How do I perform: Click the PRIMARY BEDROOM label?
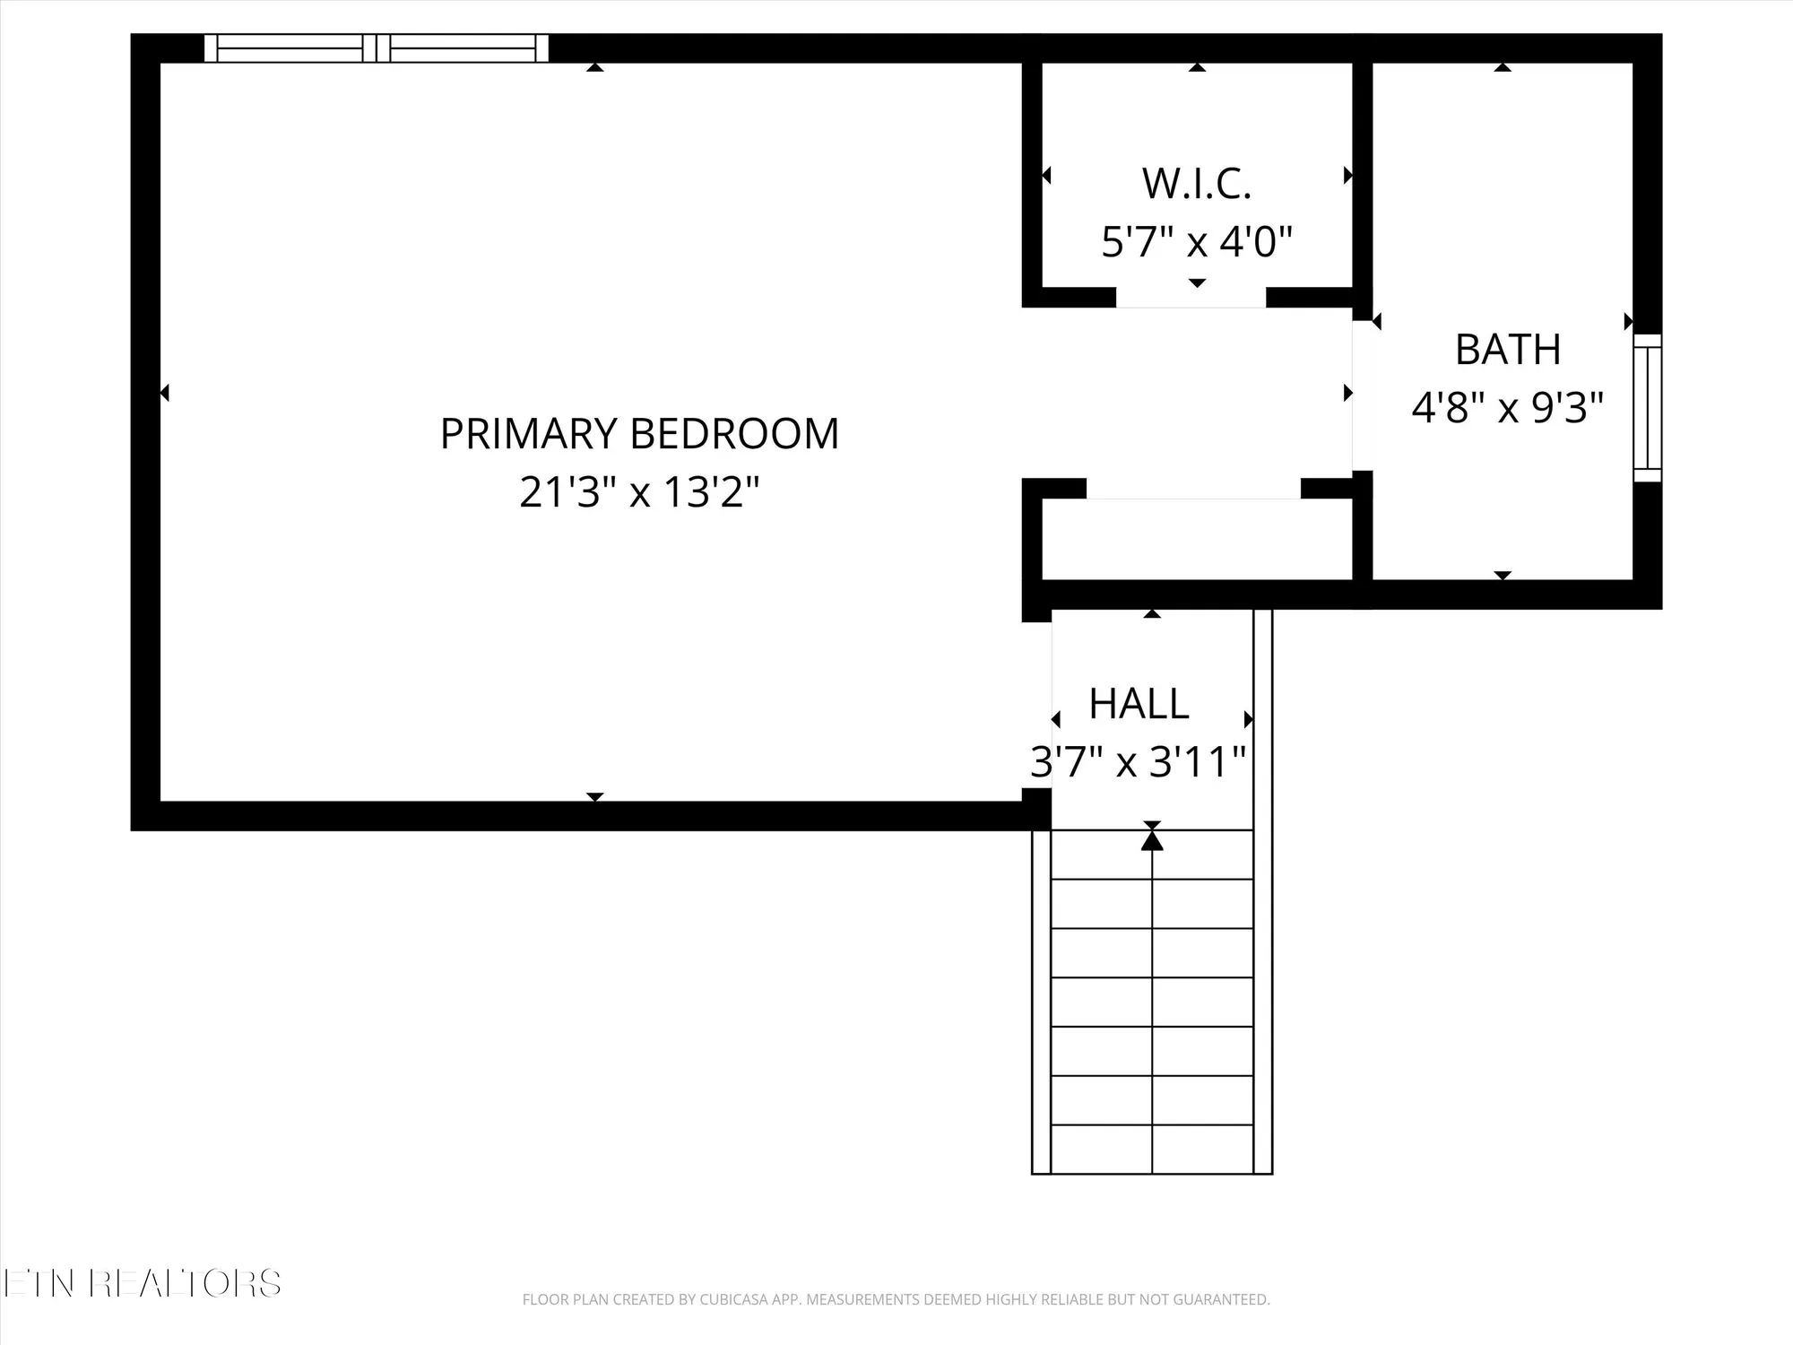click(639, 434)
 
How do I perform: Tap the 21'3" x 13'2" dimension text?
click(639, 492)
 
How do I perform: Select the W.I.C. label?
click(1196, 185)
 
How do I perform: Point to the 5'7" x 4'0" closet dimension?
click(1196, 242)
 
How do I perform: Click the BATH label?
click(1508, 350)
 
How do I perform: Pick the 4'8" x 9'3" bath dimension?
click(1507, 408)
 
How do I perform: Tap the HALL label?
click(1139, 704)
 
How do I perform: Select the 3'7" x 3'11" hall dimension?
click(1138, 762)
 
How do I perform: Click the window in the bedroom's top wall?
click(376, 48)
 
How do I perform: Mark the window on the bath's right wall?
click(1647, 408)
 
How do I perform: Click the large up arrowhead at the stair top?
click(1152, 841)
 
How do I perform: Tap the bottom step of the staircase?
click(1152, 1149)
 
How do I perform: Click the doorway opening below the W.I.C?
click(1191, 299)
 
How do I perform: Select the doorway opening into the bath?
click(1362, 395)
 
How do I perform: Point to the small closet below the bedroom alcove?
click(1197, 539)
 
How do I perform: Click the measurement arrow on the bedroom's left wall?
click(165, 393)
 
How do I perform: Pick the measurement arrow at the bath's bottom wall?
click(1503, 575)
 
